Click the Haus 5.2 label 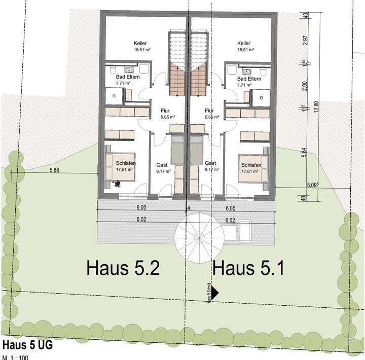coord(123,267)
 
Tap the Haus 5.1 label coord(248,267)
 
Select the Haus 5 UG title coord(27,345)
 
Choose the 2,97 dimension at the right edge coord(305,41)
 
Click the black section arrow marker coord(214,293)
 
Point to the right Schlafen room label coord(251,165)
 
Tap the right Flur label coord(209,111)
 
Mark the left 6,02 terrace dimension coord(141,220)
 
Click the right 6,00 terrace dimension coord(231,208)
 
